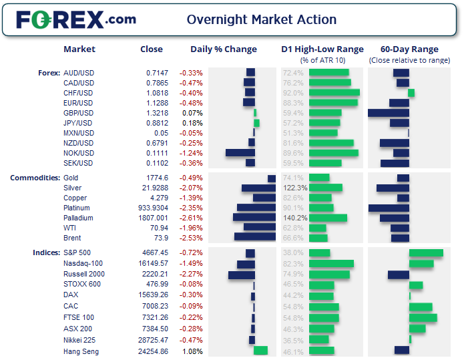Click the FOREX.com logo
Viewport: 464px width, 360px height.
pyautogui.click(x=75, y=19)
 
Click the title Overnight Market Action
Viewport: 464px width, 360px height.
pyautogui.click(x=261, y=19)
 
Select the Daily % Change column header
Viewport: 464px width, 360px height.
pyautogui.click(x=223, y=49)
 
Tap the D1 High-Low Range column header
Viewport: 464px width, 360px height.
pyautogui.click(x=322, y=49)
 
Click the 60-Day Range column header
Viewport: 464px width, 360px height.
pyautogui.click(x=409, y=49)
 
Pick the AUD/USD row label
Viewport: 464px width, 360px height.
pyautogui.click(x=78, y=73)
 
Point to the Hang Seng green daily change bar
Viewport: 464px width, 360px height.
pyautogui.click(x=260, y=351)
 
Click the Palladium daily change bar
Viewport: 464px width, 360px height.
pyautogui.click(x=254, y=218)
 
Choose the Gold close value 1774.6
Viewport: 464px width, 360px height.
pyautogui.click(x=157, y=178)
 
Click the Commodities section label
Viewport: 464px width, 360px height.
pyautogui.click(x=34, y=178)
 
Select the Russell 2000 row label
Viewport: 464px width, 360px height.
pyautogui.click(x=84, y=274)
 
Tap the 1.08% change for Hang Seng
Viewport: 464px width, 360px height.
pyautogui.click(x=194, y=351)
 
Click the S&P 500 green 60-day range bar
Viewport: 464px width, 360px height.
pyautogui.click(x=426, y=253)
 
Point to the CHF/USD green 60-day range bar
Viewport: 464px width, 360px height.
pyautogui.click(x=411, y=93)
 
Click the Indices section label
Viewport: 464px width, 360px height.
pyautogui.click(x=46, y=253)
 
